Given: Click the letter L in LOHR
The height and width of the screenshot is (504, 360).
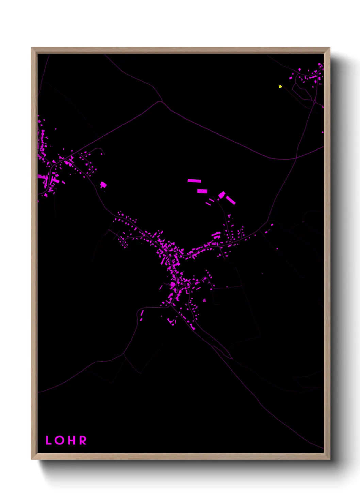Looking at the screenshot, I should pyautogui.click(x=48, y=440).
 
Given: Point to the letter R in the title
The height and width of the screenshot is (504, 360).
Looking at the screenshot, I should pyautogui.click(x=83, y=440).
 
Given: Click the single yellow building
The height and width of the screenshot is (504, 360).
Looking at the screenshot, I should pyautogui.click(x=280, y=86).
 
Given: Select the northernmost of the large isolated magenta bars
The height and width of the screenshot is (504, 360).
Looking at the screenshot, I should pyautogui.click(x=194, y=181).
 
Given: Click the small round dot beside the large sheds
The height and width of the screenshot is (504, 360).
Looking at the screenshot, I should pyautogui.click(x=218, y=198).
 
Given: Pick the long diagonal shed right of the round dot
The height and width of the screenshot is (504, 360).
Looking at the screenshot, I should pyautogui.click(x=231, y=200).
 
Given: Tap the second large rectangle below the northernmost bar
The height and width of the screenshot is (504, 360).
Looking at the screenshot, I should pyautogui.click(x=202, y=191).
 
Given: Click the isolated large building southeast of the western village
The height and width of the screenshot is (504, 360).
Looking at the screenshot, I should pyautogui.click(x=103, y=185).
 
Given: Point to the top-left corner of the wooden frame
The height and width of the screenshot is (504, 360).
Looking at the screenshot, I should pyautogui.click(x=32, y=48).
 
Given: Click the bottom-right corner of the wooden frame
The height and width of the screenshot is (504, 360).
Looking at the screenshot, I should pyautogui.click(x=329, y=459).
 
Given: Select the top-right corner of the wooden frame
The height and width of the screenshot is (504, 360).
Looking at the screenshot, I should pyautogui.click(x=329, y=48).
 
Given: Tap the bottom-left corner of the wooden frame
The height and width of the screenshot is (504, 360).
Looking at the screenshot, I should pyautogui.click(x=32, y=459).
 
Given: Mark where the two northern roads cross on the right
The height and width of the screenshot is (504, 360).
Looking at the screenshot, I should pyautogui.click(x=296, y=158).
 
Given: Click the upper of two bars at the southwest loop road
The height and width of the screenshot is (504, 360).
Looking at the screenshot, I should pyautogui.click(x=142, y=313).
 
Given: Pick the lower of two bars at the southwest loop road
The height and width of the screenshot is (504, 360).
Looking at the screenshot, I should pyautogui.click(x=141, y=319).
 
